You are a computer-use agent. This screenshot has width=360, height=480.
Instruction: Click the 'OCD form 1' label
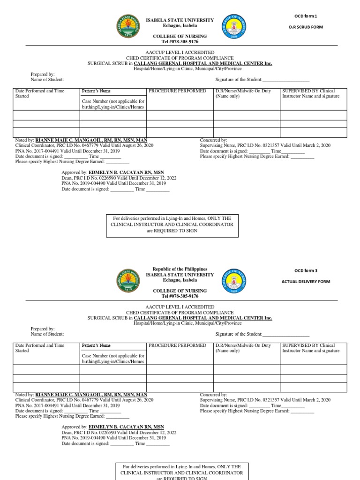tap(305, 16)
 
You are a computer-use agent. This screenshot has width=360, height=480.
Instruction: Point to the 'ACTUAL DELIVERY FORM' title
tap(306, 281)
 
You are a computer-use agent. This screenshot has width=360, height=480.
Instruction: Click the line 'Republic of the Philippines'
tap(180, 269)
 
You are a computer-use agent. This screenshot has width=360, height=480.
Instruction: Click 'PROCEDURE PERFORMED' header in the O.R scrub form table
tap(177, 91)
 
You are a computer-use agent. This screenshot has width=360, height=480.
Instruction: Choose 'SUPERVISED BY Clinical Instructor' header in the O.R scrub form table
tap(311, 93)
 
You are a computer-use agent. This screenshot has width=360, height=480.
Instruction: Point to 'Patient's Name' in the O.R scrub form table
tap(96, 91)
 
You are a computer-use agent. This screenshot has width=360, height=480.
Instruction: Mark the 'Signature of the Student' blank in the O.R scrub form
tap(286, 80)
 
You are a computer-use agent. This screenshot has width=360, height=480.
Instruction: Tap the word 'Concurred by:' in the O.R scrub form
tap(213, 140)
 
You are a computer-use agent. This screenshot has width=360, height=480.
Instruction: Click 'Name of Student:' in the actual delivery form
tap(47, 334)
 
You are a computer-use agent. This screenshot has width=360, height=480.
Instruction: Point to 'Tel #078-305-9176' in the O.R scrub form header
tap(180, 42)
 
